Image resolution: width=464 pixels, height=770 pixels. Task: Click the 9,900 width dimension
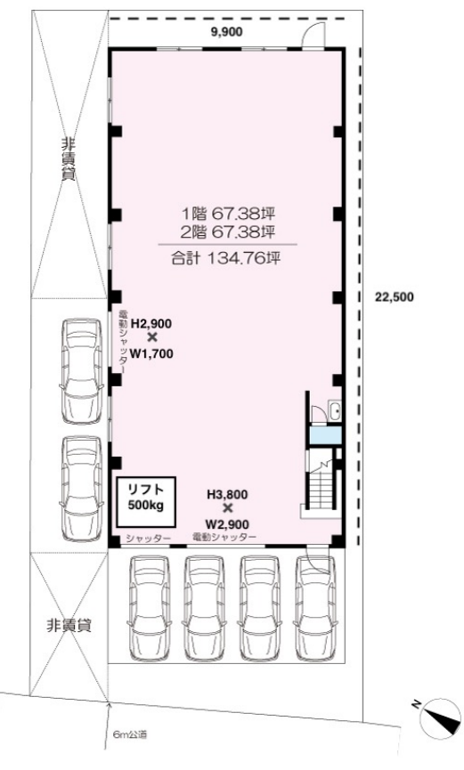click(226, 32)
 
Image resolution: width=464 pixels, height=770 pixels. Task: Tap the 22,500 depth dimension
click(395, 296)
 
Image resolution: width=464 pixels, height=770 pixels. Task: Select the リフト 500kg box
click(146, 501)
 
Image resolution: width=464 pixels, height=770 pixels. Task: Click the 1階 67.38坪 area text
click(228, 215)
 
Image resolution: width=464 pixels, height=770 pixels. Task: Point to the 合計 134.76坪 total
click(225, 258)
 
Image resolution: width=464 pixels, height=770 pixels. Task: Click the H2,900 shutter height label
click(151, 324)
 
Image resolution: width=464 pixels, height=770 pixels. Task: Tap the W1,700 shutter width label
click(151, 353)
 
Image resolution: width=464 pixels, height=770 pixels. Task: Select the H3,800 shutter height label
click(227, 495)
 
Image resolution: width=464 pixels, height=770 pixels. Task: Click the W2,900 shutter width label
click(227, 524)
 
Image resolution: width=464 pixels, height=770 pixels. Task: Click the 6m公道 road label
click(130, 735)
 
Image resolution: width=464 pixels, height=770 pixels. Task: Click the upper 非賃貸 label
click(68, 160)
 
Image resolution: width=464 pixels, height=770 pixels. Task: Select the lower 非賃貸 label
click(69, 626)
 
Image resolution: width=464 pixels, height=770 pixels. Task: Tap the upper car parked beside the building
click(82, 371)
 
